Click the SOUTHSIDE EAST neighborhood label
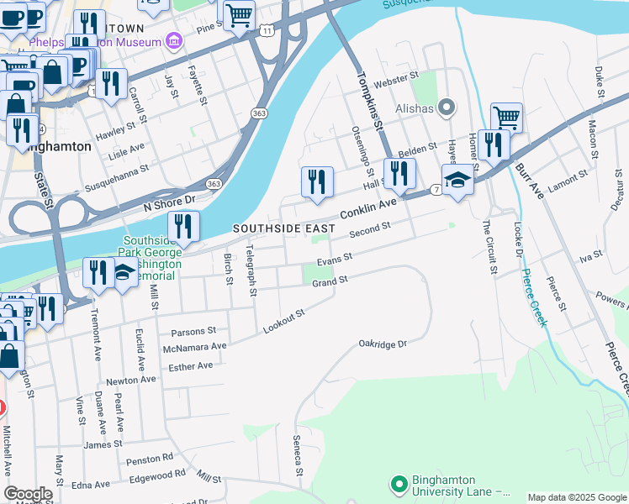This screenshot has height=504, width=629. point(283,228)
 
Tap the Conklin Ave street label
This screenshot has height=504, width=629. point(367,209)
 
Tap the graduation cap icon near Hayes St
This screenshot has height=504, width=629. point(457,181)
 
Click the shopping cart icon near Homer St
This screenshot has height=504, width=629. point(506,117)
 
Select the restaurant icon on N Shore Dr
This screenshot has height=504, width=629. point(182,226)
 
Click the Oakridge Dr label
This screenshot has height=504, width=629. point(383,344)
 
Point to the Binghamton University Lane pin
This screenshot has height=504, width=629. point(399,485)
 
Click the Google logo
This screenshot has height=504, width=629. point(28,494)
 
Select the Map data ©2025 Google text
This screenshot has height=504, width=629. point(576,497)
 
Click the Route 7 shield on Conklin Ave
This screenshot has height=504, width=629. point(436,191)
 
